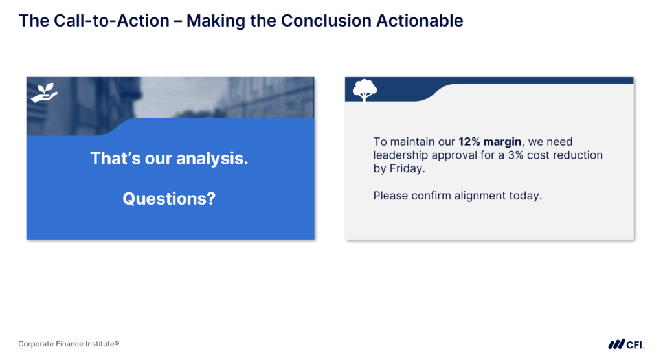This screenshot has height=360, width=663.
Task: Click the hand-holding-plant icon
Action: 44,93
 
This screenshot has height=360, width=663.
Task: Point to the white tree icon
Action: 365,90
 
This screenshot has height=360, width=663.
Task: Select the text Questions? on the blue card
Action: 169,199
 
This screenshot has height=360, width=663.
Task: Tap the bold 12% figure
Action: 470,142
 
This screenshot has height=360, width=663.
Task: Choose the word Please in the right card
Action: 390,196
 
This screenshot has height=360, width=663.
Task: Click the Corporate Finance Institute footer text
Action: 69,344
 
